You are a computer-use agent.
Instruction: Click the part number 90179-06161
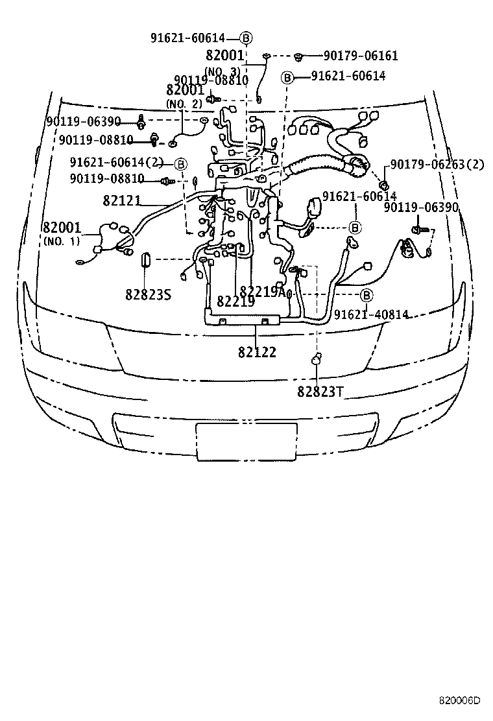[x=361, y=56]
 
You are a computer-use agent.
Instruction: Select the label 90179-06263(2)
[x=437, y=165]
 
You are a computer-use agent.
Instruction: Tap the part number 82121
[x=121, y=201]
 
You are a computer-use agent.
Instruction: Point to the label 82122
[x=257, y=352]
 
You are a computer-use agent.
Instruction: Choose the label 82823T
[x=320, y=391]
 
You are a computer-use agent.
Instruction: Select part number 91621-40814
[x=371, y=314]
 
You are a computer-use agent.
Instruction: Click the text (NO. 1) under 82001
[x=62, y=241]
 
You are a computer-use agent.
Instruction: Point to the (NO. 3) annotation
[x=222, y=71]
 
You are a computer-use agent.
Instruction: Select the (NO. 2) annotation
[x=185, y=104]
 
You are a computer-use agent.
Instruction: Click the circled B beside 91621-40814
[x=367, y=295]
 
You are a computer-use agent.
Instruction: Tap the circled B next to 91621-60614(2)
[x=180, y=163]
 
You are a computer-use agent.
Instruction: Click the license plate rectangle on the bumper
[x=246, y=442]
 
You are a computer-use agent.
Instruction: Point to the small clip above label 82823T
[x=316, y=358]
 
